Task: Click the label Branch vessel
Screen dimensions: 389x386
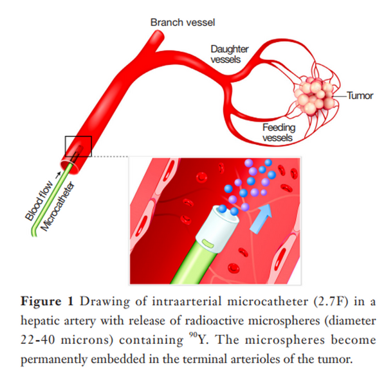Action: coord(183,23)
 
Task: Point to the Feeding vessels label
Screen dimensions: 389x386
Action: coord(278,132)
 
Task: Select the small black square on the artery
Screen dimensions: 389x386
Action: coord(78,146)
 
